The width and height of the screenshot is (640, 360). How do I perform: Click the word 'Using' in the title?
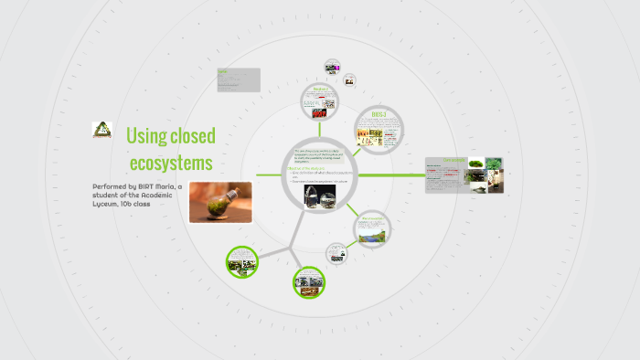pyautogui.click(x=144, y=137)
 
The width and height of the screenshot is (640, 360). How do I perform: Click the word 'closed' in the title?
pyautogui.click(x=191, y=137)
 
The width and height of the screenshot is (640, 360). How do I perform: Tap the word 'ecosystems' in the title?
pyautogui.click(x=171, y=163)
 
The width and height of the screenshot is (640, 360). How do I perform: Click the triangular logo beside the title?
pyautogui.click(x=101, y=130)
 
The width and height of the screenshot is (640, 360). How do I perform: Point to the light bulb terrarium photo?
pyautogui.click(x=219, y=202)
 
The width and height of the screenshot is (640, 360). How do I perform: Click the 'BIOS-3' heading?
pyautogui.click(x=379, y=114)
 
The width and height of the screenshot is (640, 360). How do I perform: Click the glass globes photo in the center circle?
pyautogui.click(x=320, y=197)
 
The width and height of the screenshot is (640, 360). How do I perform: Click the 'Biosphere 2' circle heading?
pyautogui.click(x=320, y=89)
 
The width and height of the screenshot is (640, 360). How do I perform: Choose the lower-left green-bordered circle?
pyautogui.click(x=242, y=262)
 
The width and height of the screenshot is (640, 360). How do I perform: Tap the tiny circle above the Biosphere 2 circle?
pyautogui.click(x=333, y=68)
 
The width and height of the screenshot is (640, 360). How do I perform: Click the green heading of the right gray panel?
pyautogui.click(x=454, y=160)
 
